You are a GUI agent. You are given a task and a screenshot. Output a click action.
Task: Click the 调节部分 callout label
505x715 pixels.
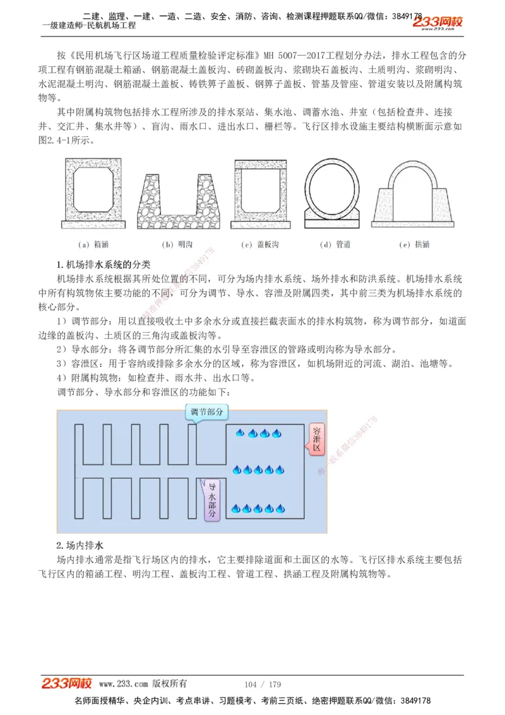(x=207, y=412)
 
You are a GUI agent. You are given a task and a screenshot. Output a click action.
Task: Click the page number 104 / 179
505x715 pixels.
(x=262, y=685)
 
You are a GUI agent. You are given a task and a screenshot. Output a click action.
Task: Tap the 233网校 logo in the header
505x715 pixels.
(x=439, y=23)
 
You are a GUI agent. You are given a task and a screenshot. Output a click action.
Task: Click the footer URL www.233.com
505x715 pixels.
(x=124, y=685)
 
